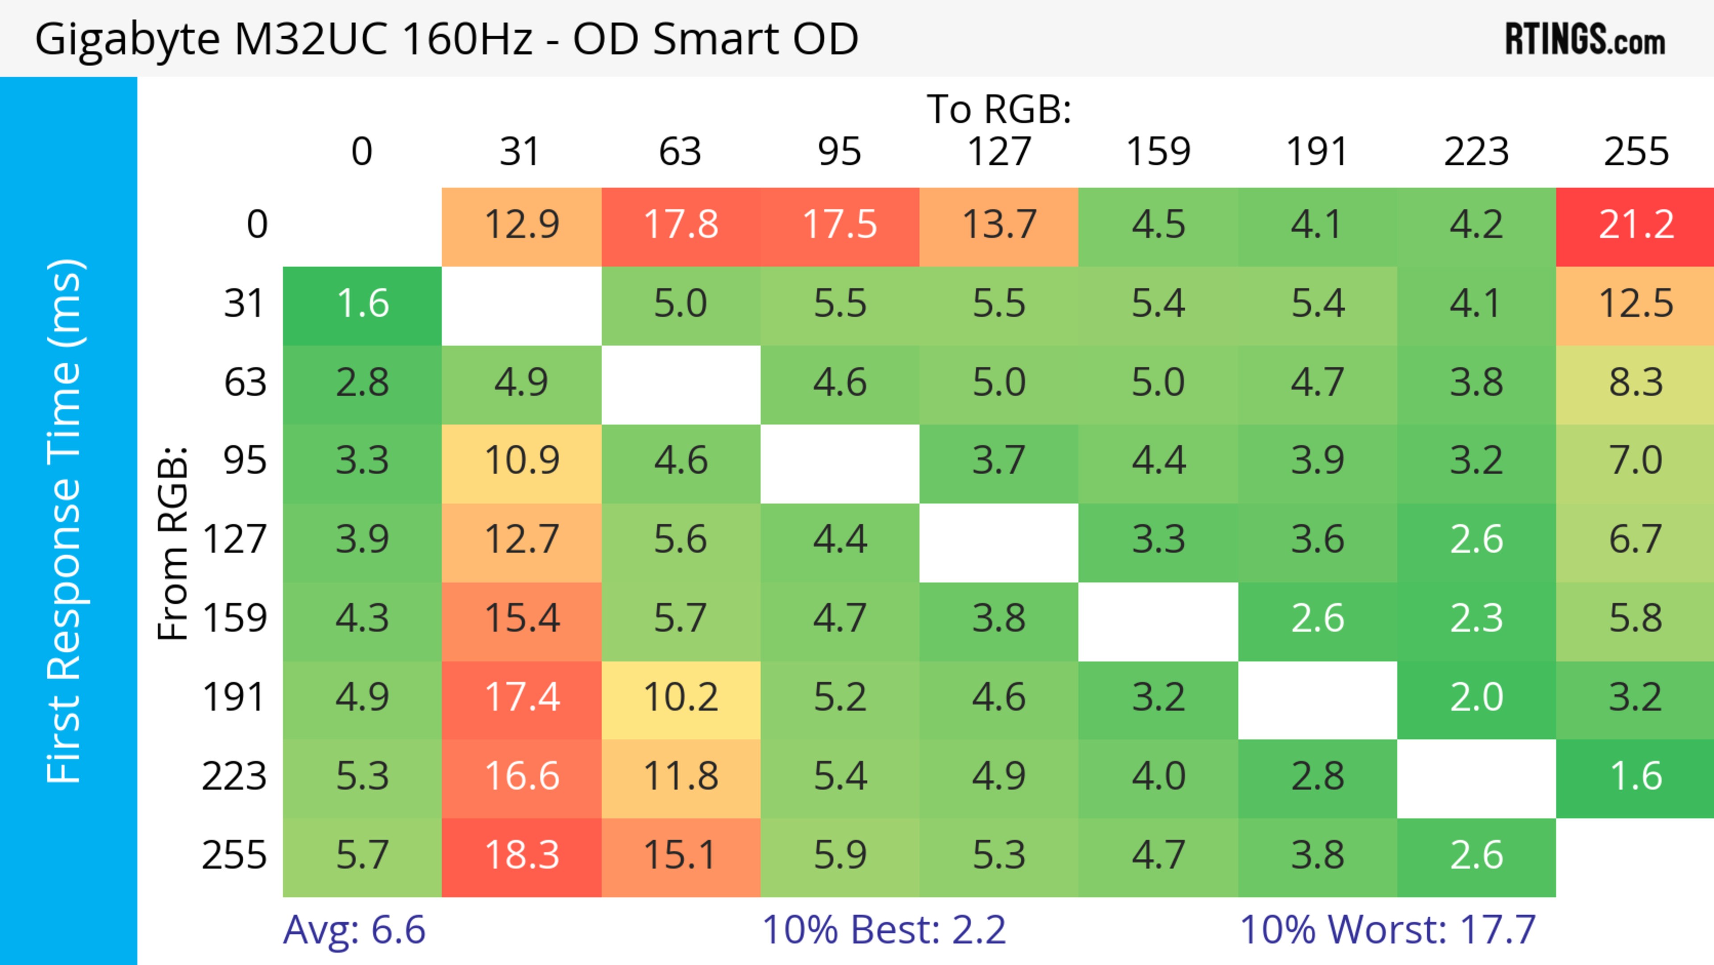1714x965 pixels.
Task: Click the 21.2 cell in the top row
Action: [x=1635, y=226]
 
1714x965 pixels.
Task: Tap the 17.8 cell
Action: [x=681, y=226]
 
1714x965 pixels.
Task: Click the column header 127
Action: [x=999, y=152]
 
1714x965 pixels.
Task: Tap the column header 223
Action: [x=1476, y=152]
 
